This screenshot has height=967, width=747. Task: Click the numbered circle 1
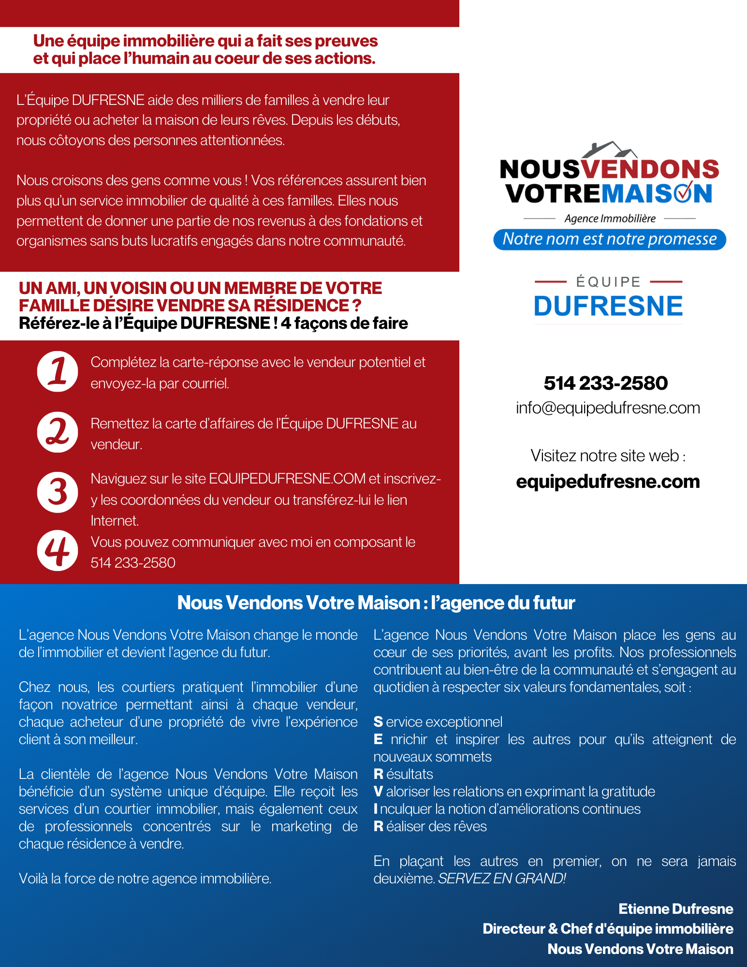[58, 371]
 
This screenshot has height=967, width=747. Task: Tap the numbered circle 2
[58, 432]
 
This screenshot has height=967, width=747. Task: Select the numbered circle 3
[58, 492]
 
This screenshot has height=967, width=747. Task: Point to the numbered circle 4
[58, 551]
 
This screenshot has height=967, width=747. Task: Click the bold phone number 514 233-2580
[606, 383]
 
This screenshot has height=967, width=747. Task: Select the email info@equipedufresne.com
[608, 408]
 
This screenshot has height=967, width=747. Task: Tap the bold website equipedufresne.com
[608, 482]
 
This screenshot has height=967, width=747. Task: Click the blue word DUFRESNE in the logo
[608, 307]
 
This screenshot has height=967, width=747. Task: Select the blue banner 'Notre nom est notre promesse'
[610, 239]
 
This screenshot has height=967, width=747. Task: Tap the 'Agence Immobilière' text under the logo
[610, 219]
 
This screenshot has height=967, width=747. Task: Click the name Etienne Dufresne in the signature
[676, 909]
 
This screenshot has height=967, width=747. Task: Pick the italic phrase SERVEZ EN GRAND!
[502, 879]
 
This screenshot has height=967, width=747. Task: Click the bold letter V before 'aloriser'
[378, 791]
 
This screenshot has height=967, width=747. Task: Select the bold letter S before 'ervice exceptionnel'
[378, 722]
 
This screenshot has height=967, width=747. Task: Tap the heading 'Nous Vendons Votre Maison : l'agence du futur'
[376, 603]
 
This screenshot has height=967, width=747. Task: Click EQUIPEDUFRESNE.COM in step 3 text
[287, 479]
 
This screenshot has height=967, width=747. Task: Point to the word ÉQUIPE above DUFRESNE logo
[608, 282]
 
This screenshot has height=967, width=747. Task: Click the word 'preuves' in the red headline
[347, 41]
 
